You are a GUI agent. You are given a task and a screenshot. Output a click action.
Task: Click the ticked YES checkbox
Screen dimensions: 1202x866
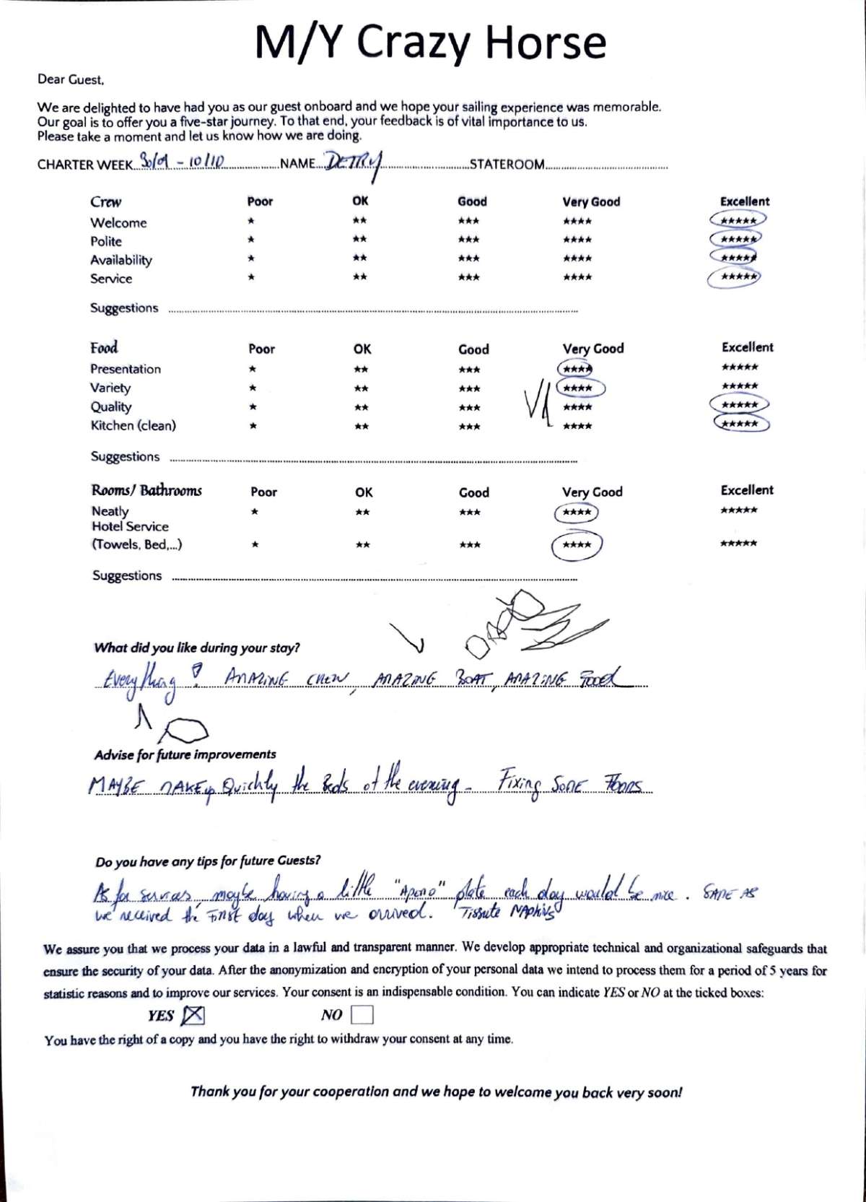point(193,1016)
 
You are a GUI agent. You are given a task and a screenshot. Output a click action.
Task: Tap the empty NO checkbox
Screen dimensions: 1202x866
point(362,1015)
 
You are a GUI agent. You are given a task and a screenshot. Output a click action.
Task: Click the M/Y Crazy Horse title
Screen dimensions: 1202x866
point(430,42)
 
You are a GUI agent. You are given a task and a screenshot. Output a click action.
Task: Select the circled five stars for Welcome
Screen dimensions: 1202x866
point(738,220)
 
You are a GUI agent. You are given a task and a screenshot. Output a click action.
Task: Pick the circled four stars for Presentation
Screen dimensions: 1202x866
point(576,369)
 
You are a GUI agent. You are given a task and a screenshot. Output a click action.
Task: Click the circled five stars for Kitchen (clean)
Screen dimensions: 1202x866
point(740,424)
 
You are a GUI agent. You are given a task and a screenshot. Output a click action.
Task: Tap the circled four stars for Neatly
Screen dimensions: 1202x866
point(577,513)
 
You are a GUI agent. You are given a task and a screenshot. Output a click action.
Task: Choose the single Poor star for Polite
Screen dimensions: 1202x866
point(251,240)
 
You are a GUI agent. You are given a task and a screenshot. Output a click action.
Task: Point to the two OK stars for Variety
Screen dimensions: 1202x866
point(361,388)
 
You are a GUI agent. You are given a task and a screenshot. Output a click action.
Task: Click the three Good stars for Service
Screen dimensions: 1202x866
point(468,277)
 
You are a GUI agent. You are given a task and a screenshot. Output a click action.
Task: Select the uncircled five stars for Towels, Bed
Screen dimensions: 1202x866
point(738,544)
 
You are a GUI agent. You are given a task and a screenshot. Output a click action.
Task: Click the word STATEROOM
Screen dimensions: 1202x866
point(507,165)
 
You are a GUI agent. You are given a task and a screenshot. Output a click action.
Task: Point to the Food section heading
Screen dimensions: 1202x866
point(104,348)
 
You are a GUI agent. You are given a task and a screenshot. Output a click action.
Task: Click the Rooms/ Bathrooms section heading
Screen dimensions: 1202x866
point(146,491)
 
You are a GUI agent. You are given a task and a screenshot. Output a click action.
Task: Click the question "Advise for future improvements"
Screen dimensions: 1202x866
point(185,754)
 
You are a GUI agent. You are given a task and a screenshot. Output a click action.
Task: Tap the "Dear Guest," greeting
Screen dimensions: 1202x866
point(71,79)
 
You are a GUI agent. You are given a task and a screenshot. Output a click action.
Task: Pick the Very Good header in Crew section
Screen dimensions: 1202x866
point(591,202)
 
